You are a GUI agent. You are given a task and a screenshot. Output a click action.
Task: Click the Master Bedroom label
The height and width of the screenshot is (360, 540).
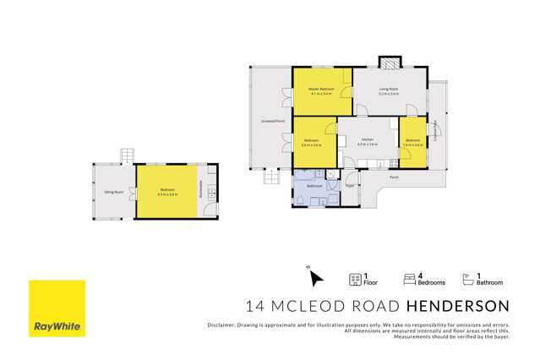point(321,89)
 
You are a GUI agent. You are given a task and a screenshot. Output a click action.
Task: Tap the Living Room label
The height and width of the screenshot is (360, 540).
point(389,89)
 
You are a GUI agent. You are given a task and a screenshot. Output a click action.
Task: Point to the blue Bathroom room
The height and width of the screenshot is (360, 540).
point(315,188)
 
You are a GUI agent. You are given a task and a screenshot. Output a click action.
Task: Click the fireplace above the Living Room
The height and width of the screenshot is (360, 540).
point(390,63)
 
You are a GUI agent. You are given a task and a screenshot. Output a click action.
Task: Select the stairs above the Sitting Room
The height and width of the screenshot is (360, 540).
point(127,155)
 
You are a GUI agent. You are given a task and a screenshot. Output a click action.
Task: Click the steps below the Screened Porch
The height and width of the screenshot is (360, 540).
point(271,177)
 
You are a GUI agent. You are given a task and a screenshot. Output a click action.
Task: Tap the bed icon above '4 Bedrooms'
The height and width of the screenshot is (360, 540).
point(411,276)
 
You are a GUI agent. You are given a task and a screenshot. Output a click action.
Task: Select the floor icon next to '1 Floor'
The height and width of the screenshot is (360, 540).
point(355,277)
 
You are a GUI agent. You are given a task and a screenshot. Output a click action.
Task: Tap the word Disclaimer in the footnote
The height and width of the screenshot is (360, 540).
point(221,325)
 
